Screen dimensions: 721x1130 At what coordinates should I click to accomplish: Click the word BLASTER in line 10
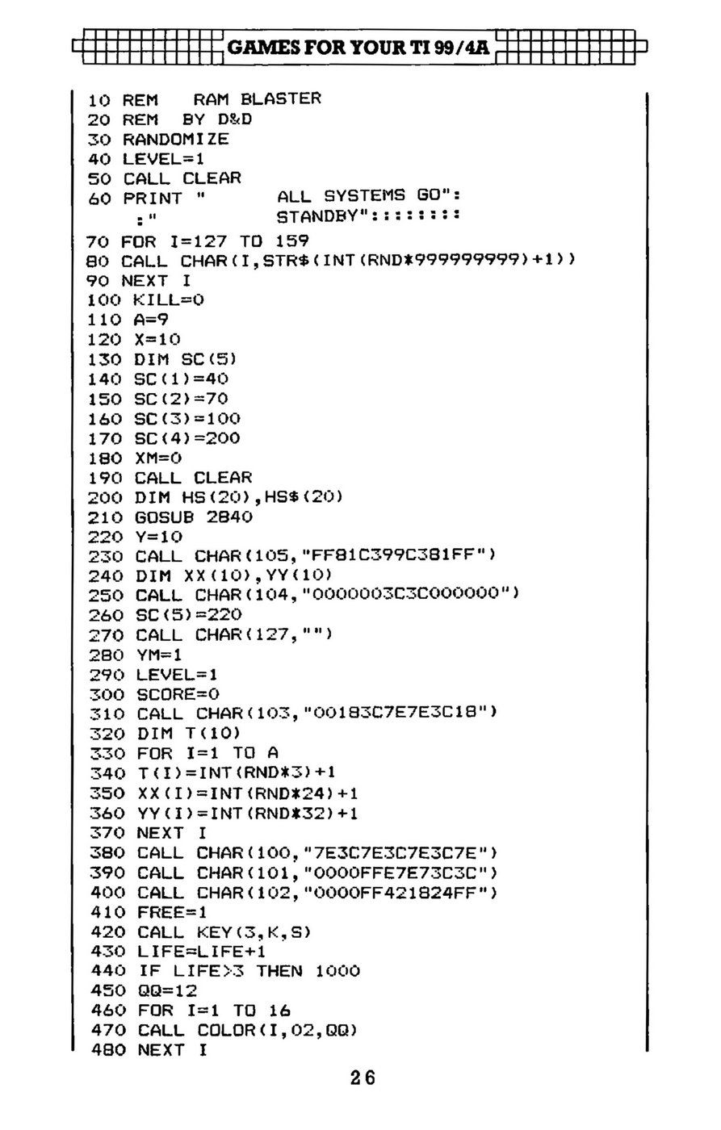point(280,98)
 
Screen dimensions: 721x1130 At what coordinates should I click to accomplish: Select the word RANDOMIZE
point(175,139)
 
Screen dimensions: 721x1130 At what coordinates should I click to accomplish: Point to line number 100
point(104,300)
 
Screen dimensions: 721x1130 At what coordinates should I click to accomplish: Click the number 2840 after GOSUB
point(229,517)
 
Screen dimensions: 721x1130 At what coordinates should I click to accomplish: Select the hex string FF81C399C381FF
point(392,555)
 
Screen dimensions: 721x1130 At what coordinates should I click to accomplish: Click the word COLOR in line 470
point(226,1030)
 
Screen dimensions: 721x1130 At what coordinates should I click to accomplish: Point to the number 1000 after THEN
point(337,971)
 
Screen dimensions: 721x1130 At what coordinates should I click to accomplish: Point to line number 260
point(106,615)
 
